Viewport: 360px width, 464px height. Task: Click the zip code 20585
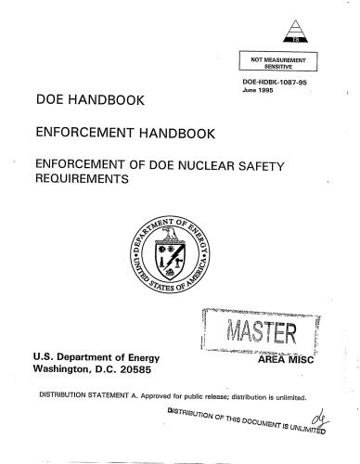[x=149, y=372]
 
